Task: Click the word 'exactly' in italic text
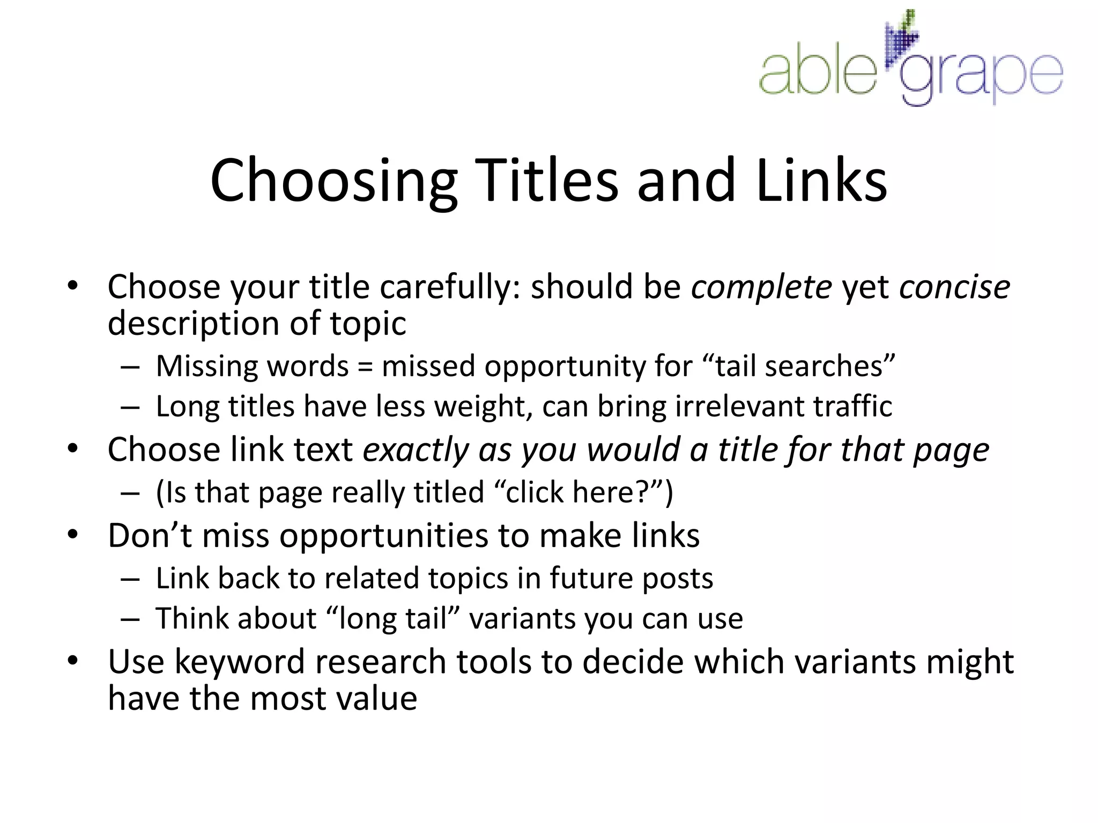coord(416,450)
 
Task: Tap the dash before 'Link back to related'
coord(130,579)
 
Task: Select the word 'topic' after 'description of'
coord(368,324)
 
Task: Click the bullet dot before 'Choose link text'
coord(73,448)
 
